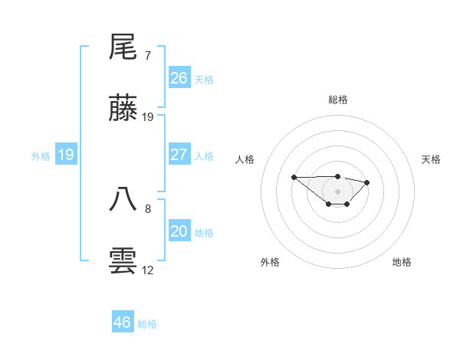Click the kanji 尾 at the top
[x=123, y=47]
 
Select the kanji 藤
[x=123, y=109]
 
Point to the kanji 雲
[x=123, y=260]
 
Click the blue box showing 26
[x=179, y=78]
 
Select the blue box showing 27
[x=179, y=155]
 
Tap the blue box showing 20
[x=179, y=231]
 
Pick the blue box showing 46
[x=122, y=322]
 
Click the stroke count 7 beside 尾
[x=148, y=56]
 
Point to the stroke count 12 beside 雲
[x=148, y=270]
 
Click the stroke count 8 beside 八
[x=148, y=208]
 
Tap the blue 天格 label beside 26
[x=204, y=80]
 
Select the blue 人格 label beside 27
[x=204, y=156]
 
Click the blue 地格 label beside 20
[x=204, y=233]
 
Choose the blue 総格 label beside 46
[x=147, y=324]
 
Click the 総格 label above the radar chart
[x=338, y=100]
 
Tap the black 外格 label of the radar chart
[x=270, y=262]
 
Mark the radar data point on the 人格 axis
[x=294, y=177]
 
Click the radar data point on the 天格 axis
[x=367, y=182]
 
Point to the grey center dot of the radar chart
[x=338, y=191]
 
